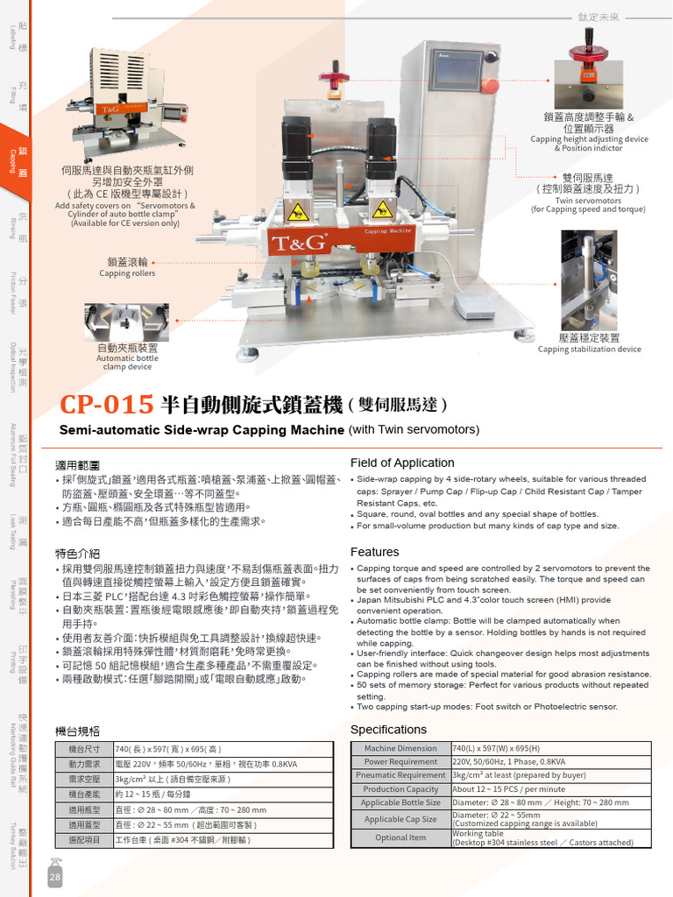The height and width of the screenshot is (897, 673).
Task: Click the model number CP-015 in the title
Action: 108,405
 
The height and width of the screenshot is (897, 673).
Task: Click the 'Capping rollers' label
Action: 127,273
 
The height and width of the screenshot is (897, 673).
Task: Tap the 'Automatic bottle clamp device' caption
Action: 127,363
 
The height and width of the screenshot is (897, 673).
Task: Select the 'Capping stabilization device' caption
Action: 589,349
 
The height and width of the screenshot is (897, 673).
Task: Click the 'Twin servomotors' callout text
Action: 588,201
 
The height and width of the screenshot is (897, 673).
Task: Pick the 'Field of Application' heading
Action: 402,463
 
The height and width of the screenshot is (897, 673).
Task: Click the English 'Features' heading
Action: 374,552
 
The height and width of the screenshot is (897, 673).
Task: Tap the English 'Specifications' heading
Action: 388,730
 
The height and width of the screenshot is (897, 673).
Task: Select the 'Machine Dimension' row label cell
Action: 400,748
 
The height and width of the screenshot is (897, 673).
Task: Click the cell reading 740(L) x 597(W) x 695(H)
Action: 496,748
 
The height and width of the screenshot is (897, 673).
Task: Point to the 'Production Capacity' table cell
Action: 400,788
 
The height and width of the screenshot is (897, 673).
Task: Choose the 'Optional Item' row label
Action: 400,837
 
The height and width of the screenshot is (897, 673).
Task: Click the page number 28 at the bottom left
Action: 55,878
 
